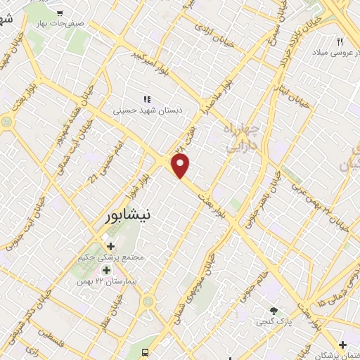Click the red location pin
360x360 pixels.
click(181, 166)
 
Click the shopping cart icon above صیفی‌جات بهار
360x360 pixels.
click(60, 13)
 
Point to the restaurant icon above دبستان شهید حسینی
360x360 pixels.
click(148, 101)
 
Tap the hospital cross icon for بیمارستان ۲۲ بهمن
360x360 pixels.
click(106, 271)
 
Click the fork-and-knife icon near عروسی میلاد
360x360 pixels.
click(340, 42)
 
